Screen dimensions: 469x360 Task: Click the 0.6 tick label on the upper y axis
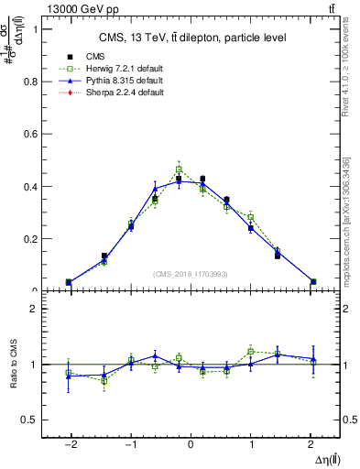(29, 134)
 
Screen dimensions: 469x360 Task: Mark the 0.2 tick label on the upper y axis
(29, 239)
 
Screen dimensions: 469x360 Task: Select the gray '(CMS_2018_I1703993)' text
(191, 274)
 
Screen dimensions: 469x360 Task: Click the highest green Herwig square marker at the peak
(179, 169)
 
